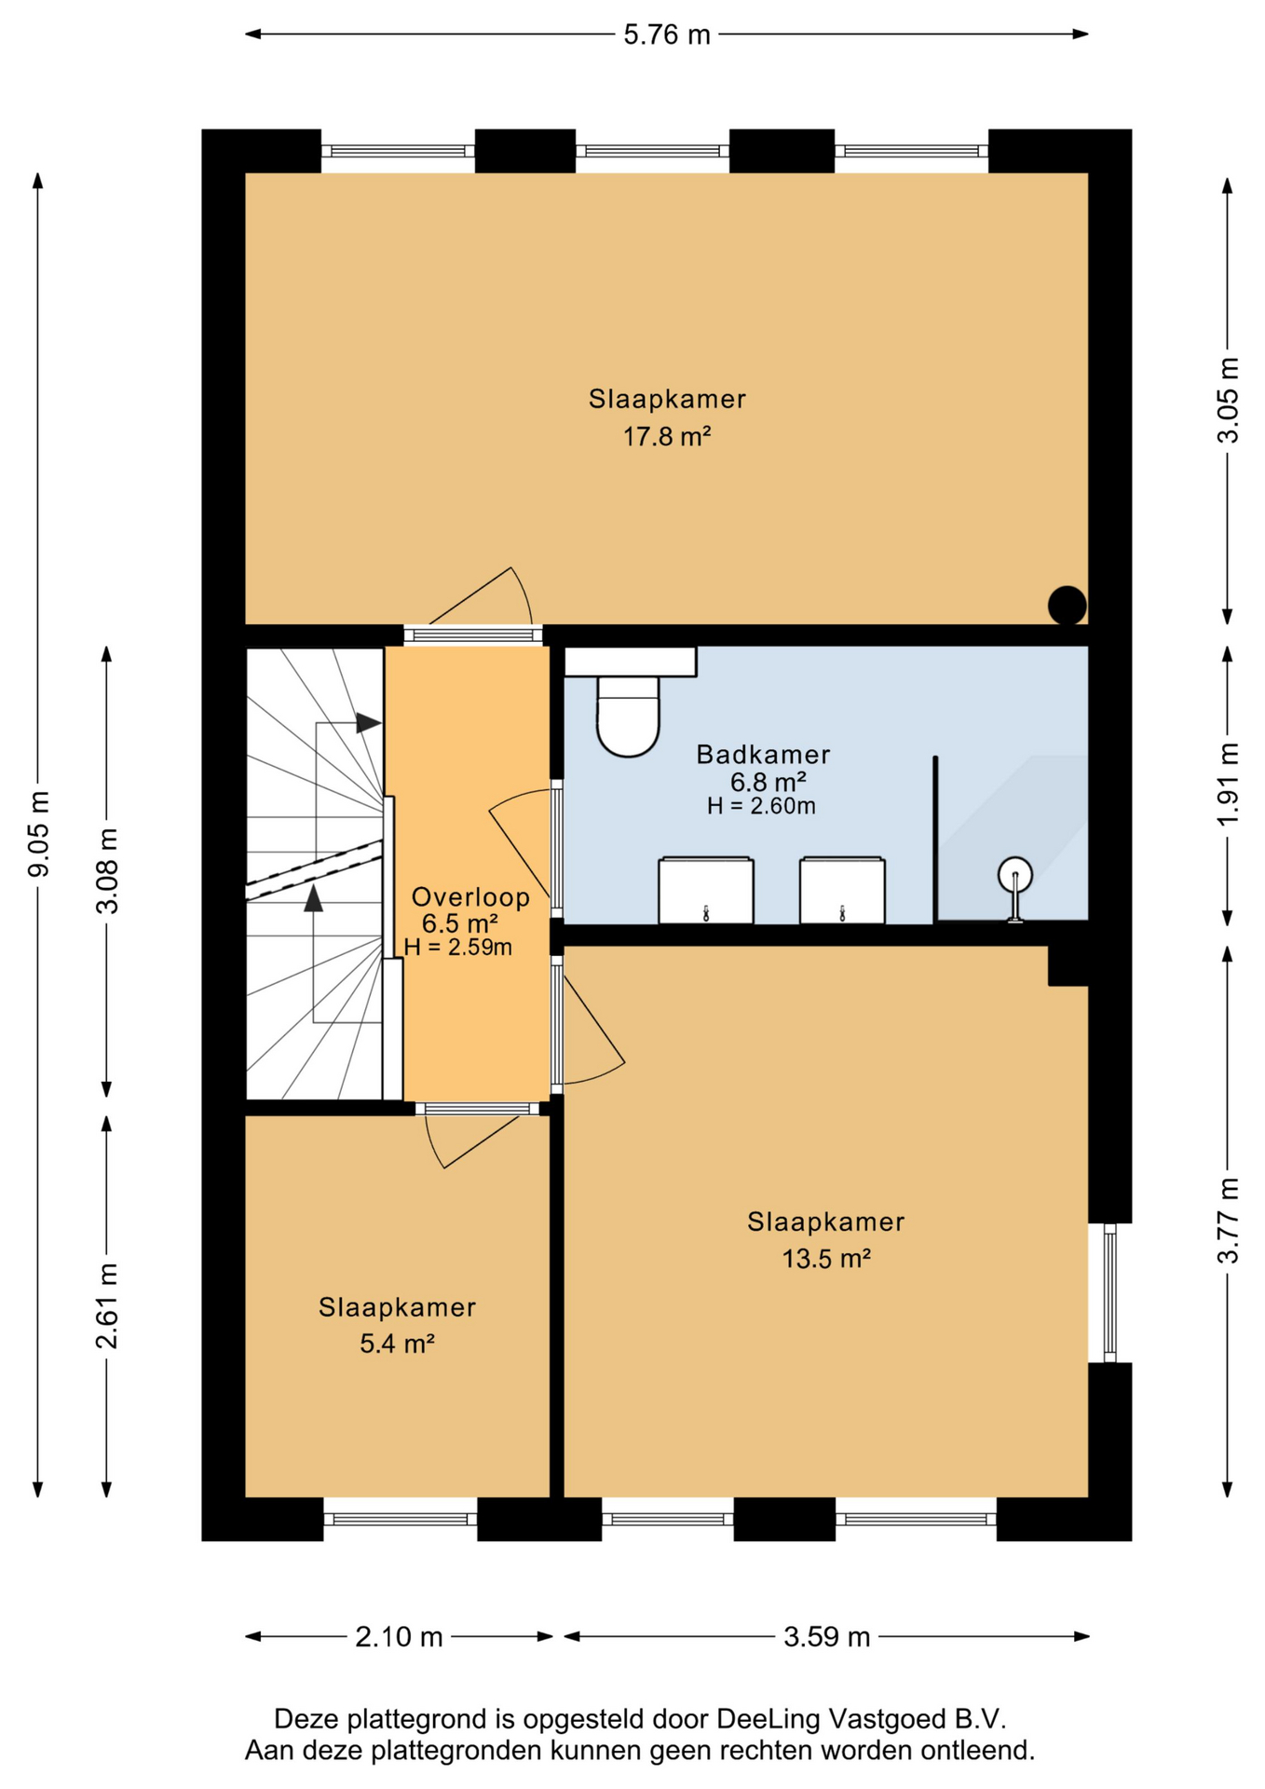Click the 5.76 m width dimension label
point(666,34)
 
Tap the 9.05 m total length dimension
point(39,834)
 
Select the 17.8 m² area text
point(667,436)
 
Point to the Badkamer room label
point(763,754)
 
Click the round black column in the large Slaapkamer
point(1067,606)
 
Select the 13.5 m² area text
point(826,1259)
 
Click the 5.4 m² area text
point(398,1344)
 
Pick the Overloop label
point(470,897)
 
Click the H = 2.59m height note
point(458,948)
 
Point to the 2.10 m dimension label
point(399,1637)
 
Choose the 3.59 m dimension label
point(827,1637)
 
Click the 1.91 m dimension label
point(1229,784)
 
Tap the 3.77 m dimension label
point(1229,1221)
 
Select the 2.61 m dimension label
point(107,1305)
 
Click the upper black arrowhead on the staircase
point(369,723)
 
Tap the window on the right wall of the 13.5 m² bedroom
point(1109,1292)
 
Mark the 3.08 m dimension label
point(107,871)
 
